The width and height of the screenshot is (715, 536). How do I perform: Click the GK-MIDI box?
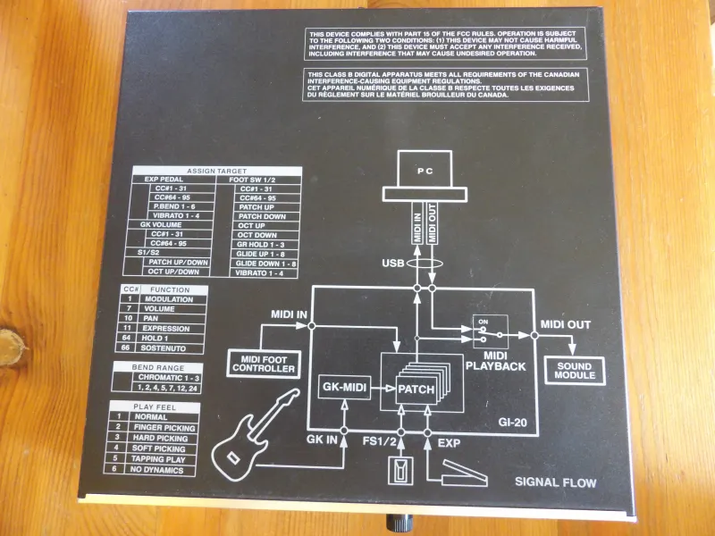coord(344,389)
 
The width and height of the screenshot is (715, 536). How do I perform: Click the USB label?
coord(395,264)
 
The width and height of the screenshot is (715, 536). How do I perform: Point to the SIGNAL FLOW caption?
coord(555,483)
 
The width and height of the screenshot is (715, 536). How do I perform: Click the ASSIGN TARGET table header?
coord(217,170)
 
